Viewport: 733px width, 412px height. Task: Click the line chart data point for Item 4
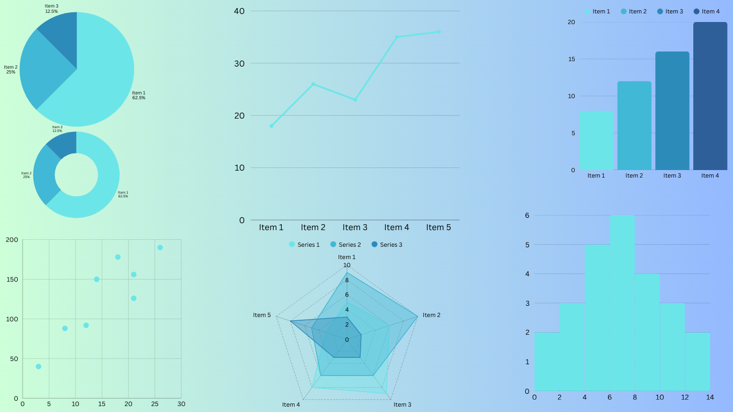pyautogui.click(x=397, y=37)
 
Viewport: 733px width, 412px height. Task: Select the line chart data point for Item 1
pyautogui.click(x=272, y=126)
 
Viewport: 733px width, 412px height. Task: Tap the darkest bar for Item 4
pyautogui.click(x=710, y=97)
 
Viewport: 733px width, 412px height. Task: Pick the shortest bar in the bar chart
pyautogui.click(x=596, y=141)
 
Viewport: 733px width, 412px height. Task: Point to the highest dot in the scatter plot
pyautogui.click(x=160, y=247)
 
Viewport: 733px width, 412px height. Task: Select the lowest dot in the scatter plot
pyautogui.click(x=38, y=366)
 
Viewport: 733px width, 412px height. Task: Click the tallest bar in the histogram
pyautogui.click(x=622, y=303)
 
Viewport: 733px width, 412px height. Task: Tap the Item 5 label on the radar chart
pyautogui.click(x=262, y=315)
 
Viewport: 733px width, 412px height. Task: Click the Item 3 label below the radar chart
pyautogui.click(x=402, y=404)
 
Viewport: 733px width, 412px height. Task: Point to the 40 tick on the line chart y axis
pyautogui.click(x=239, y=11)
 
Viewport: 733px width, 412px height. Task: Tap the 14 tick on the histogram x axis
pyautogui.click(x=710, y=398)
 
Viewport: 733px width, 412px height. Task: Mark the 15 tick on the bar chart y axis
pyautogui.click(x=571, y=59)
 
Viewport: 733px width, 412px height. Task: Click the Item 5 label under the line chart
pyautogui.click(x=438, y=227)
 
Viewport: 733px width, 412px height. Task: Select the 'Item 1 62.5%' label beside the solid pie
pyautogui.click(x=138, y=95)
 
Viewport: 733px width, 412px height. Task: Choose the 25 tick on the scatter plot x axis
pyautogui.click(x=155, y=404)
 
